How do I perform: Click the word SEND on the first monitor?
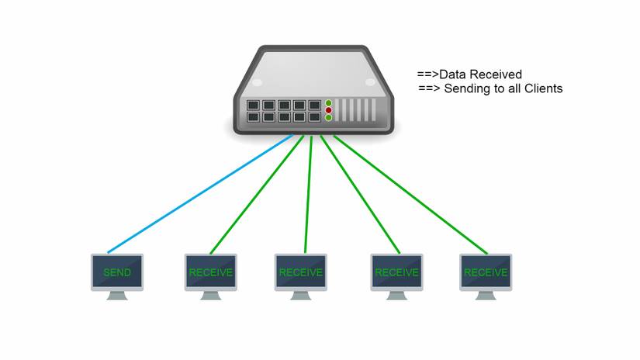(117, 273)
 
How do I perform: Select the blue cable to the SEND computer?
(202, 194)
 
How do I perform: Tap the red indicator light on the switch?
(328, 110)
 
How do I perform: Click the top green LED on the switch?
(328, 102)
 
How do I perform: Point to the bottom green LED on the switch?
(328, 118)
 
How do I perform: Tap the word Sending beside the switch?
(465, 88)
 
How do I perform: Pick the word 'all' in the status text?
(511, 88)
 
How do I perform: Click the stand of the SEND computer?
(117, 296)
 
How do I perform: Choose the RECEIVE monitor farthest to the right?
(486, 272)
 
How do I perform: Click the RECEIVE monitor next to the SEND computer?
(210, 272)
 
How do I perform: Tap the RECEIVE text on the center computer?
(300, 272)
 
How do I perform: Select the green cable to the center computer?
(308, 194)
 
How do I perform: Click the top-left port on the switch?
(252, 104)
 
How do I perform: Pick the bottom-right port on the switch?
(314, 117)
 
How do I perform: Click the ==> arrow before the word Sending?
(429, 88)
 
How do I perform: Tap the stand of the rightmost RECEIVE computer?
(486, 296)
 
